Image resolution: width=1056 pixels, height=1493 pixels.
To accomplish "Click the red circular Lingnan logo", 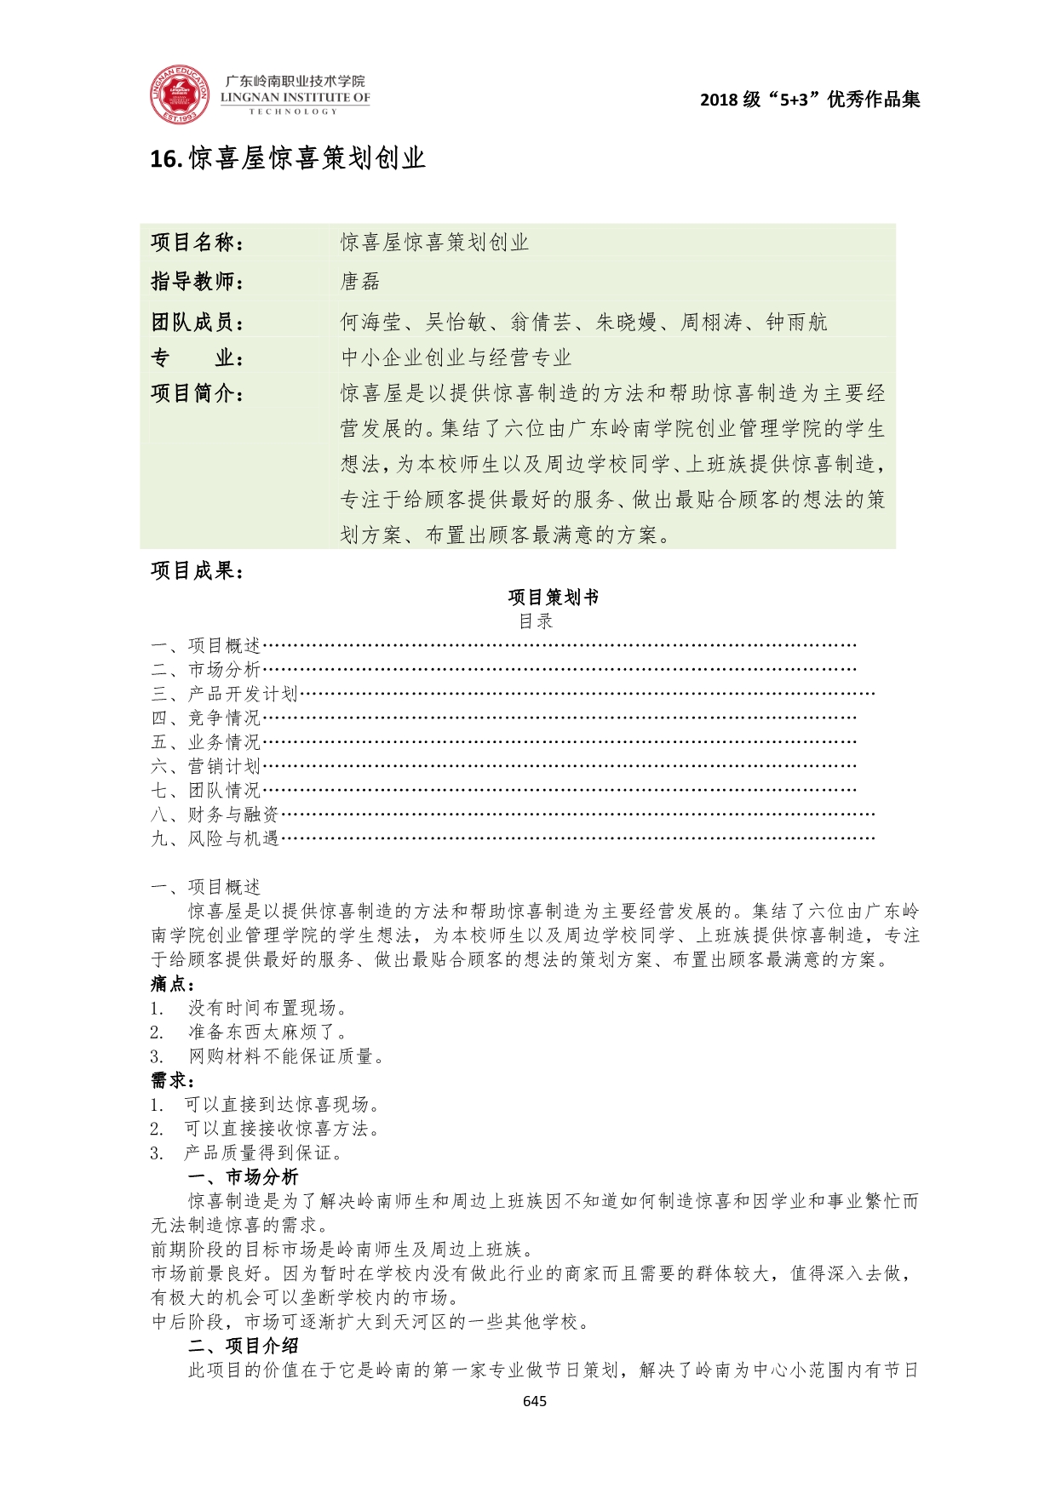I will pyautogui.click(x=180, y=94).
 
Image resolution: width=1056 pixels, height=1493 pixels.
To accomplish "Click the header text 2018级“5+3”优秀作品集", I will pyautogui.click(x=809, y=100).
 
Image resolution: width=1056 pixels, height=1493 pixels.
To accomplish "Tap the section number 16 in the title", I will pyautogui.click(x=163, y=159).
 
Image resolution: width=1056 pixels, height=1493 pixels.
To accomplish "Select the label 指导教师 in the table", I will pyautogui.click(x=197, y=281).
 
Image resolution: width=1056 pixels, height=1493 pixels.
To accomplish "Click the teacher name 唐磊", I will pyautogui.click(x=360, y=282).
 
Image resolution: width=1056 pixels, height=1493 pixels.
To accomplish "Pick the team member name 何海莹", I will pyautogui.click(x=370, y=322).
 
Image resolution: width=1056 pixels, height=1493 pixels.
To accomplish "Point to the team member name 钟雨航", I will pyautogui.click(x=796, y=322).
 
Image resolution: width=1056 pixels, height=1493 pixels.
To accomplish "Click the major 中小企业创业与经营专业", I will pyautogui.click(x=456, y=358).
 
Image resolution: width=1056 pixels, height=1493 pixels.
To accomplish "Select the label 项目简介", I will pyautogui.click(x=197, y=393).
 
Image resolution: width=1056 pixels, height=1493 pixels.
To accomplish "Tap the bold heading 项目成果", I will pyautogui.click(x=197, y=570).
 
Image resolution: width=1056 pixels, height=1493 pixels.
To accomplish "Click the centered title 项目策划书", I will pyautogui.click(x=553, y=598).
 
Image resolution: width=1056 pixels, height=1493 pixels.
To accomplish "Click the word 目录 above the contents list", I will pyautogui.click(x=536, y=621).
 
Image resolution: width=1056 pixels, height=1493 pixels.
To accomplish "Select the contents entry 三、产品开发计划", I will pyautogui.click(x=225, y=694).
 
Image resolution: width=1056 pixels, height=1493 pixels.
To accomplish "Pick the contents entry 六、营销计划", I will pyautogui.click(x=206, y=766).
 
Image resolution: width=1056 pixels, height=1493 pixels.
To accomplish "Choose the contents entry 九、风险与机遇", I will pyautogui.click(x=215, y=838).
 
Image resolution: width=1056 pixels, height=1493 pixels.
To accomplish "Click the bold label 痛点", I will pyautogui.click(x=172, y=984).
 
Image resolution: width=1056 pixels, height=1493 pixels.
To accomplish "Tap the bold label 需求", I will pyautogui.click(x=172, y=1081).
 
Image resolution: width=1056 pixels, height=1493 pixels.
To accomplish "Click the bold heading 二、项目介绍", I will pyautogui.click(x=243, y=1346).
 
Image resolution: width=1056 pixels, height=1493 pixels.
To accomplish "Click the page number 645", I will pyautogui.click(x=535, y=1401).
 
